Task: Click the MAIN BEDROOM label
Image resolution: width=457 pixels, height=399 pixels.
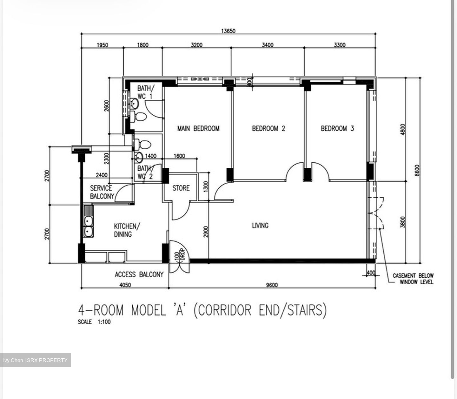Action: (x=198, y=128)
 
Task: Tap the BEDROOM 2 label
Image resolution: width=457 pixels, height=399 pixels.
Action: (x=268, y=128)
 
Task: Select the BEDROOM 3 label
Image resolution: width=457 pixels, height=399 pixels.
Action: (x=337, y=128)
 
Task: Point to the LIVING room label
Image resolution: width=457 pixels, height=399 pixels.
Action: (x=260, y=225)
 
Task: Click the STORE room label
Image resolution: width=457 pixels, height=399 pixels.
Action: (x=181, y=188)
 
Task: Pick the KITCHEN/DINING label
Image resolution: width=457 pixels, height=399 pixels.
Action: (x=127, y=230)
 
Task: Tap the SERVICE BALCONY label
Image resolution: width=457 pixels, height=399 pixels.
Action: (x=102, y=192)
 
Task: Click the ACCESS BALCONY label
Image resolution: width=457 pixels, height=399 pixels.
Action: (x=139, y=274)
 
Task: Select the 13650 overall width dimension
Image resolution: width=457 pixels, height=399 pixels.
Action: (x=228, y=31)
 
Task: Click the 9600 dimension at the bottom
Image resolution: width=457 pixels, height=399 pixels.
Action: (x=272, y=285)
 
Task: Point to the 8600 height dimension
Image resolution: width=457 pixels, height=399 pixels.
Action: (x=417, y=170)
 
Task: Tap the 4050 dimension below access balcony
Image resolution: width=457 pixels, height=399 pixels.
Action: (x=125, y=285)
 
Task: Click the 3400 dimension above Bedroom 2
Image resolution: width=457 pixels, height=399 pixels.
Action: (x=268, y=45)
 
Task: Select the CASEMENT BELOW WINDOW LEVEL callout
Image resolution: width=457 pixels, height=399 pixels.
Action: (x=413, y=279)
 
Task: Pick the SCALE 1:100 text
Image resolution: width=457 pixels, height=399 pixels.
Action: (x=94, y=322)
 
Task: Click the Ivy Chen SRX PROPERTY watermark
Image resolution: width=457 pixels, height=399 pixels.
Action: (x=35, y=360)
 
